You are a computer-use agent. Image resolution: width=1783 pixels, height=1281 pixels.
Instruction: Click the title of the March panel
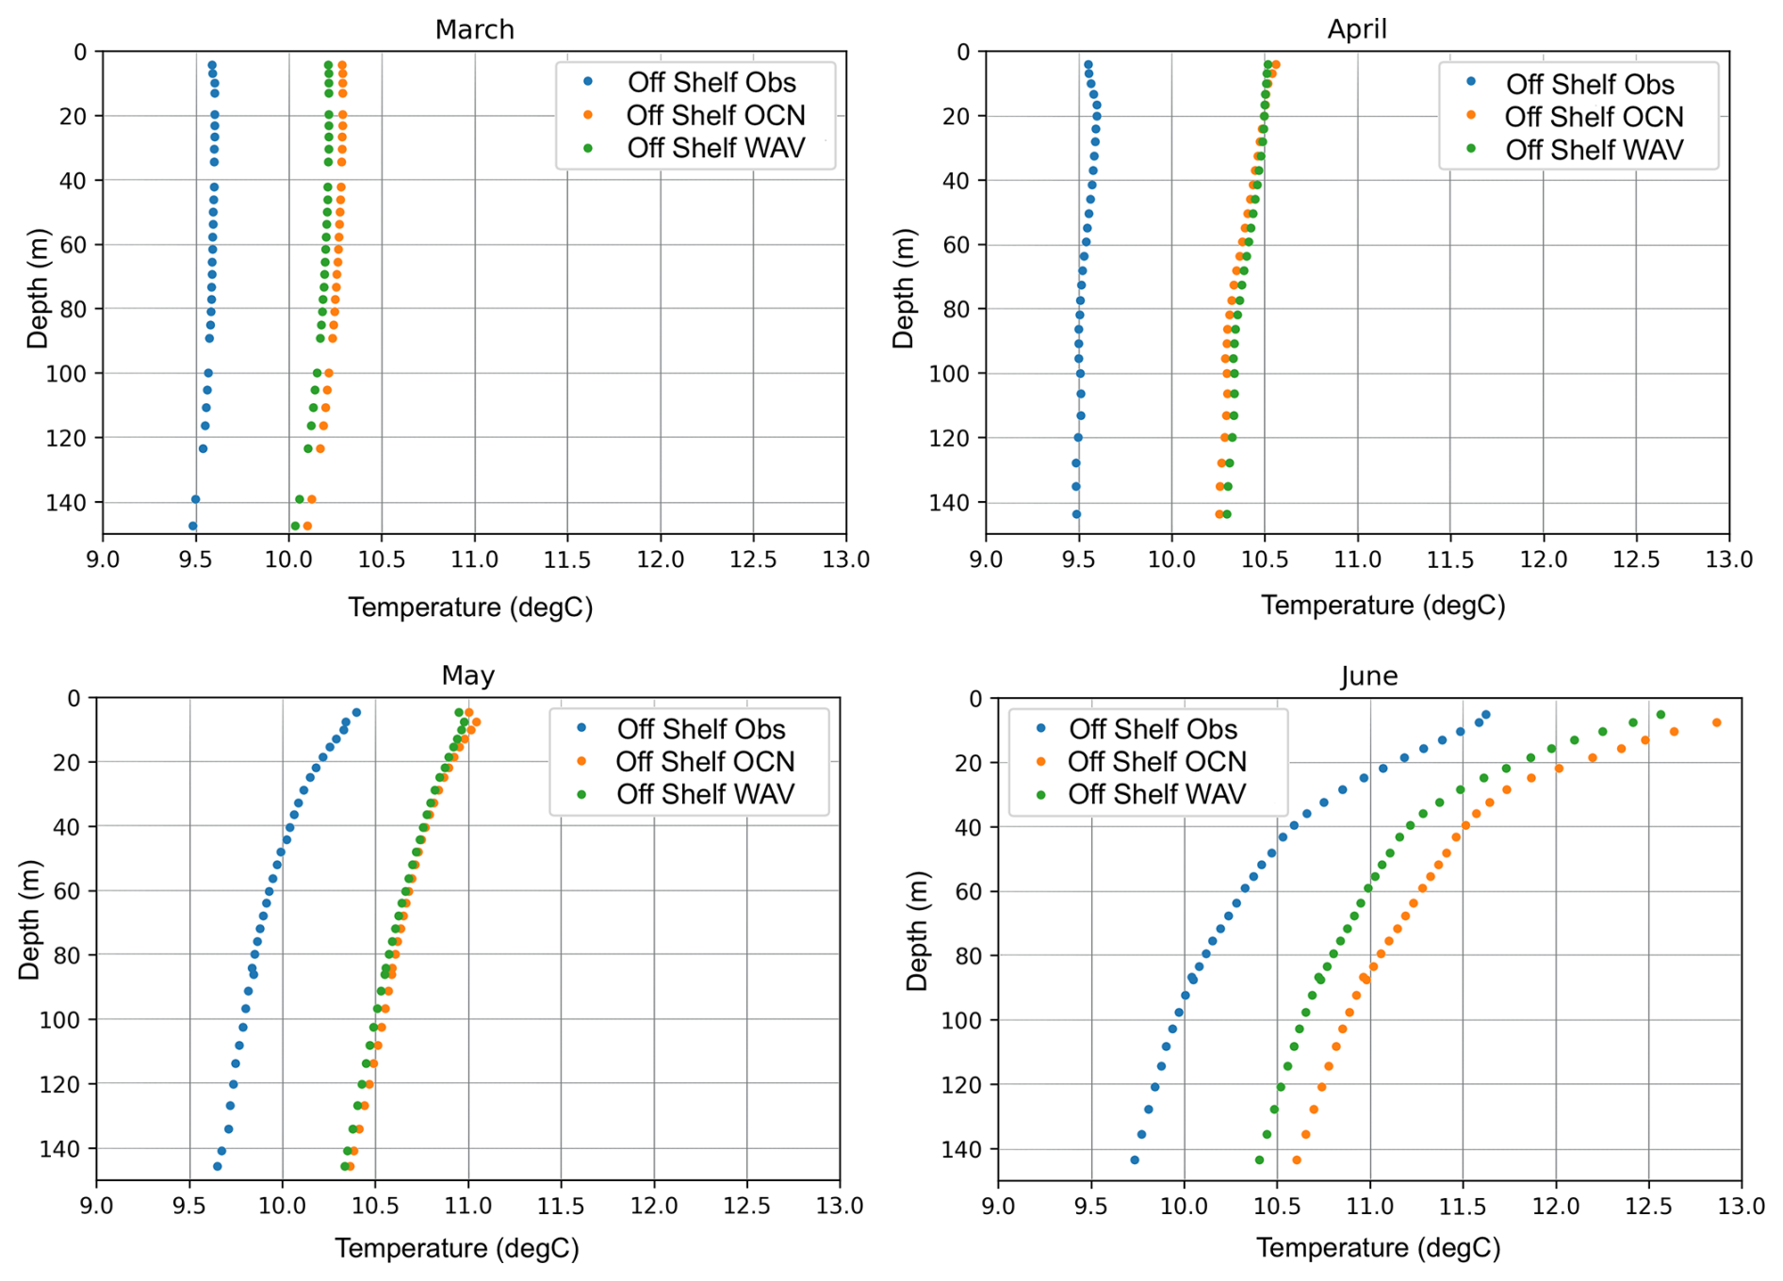coord(474,29)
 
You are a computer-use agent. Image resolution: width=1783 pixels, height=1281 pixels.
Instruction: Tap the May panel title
coord(467,675)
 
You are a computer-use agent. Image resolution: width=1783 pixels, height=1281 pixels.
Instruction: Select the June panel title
coord(1368,675)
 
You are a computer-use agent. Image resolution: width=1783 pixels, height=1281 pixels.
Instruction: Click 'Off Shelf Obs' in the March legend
coord(712,83)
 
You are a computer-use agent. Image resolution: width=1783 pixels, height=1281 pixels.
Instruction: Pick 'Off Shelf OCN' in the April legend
coord(1594,117)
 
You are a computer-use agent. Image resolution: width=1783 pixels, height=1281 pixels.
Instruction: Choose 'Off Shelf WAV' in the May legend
coord(705,794)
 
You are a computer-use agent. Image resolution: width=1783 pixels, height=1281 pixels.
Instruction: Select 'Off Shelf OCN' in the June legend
coord(1156,761)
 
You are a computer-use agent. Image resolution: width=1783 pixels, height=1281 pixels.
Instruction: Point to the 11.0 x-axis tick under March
coord(474,559)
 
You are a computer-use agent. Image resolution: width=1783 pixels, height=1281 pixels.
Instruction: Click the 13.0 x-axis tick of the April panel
coord(1728,559)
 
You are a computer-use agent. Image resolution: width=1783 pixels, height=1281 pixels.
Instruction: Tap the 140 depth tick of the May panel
coord(62,1149)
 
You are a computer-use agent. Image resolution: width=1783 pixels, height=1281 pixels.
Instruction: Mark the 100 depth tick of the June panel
coord(963,1020)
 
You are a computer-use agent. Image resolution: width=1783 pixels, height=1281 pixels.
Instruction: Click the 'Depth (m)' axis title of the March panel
coord(38,288)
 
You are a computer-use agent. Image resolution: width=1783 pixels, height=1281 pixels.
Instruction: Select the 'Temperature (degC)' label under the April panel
coord(1382,606)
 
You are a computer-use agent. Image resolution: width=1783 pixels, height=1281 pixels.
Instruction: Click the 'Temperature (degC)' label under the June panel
coord(1378,1248)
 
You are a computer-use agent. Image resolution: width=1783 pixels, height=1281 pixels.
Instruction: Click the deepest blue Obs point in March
coord(193,527)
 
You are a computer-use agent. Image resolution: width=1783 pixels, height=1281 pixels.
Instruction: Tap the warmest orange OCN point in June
coord(1716,722)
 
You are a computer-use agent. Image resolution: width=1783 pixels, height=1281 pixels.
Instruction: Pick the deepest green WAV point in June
coord(1259,1159)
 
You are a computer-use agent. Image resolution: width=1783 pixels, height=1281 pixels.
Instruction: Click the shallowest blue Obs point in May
coord(356,713)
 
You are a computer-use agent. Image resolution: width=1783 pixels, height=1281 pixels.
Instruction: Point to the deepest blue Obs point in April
coord(1076,514)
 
